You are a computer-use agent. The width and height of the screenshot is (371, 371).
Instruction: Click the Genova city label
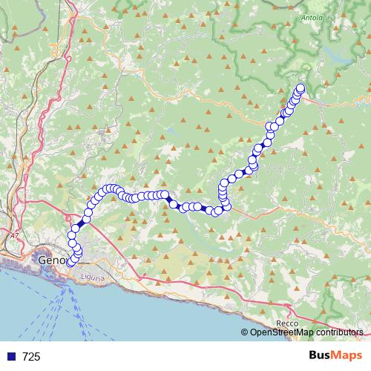point(50,260)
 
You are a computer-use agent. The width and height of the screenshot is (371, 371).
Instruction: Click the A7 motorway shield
point(14,235)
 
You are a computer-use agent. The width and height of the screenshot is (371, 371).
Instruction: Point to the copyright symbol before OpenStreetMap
point(244,333)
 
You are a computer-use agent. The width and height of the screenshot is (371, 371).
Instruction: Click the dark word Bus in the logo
point(321,355)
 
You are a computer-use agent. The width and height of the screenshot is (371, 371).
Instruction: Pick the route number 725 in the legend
point(31,357)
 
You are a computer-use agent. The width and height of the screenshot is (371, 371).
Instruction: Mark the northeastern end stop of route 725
point(301,88)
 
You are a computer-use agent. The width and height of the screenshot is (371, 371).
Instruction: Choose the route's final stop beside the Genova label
point(71,261)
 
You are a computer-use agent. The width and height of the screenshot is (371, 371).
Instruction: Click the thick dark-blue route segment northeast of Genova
point(81,223)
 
